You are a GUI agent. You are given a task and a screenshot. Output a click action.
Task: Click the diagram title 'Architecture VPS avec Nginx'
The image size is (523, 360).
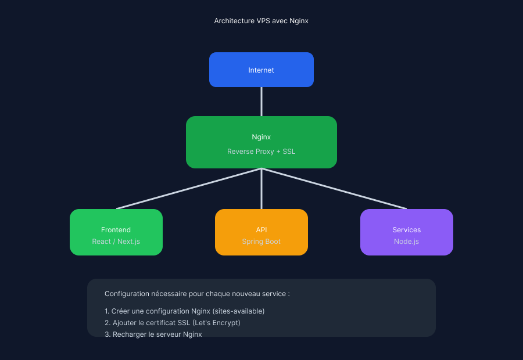point(261,21)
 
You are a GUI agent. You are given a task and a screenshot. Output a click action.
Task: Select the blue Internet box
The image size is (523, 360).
point(261,70)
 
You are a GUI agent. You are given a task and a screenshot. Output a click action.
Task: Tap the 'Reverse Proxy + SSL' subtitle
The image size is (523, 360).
point(261,152)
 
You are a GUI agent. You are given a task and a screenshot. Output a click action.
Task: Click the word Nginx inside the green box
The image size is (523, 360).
point(261,137)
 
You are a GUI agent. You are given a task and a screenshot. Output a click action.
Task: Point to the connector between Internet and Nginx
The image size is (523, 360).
point(261,102)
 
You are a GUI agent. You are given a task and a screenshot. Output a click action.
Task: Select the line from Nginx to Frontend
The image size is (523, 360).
point(189,189)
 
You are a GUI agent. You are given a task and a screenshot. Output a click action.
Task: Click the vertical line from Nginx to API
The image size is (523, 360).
point(261,189)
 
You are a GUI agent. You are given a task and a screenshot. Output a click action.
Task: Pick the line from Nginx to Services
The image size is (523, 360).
point(334,189)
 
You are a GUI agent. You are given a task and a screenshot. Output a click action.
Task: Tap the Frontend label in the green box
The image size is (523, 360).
point(116,230)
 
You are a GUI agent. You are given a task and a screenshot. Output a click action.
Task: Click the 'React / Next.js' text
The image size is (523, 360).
point(116,242)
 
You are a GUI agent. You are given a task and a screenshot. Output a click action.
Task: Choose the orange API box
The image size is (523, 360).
point(261,232)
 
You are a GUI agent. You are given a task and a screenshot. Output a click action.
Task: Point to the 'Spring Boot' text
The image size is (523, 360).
point(261,242)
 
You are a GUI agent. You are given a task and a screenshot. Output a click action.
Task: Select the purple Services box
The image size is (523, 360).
point(407,232)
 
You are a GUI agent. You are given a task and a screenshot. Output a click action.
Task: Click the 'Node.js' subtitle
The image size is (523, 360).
point(406,242)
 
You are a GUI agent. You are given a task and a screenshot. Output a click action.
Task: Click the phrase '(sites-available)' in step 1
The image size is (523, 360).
point(238,311)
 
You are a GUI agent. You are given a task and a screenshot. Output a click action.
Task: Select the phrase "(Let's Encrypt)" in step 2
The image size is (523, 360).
point(216,323)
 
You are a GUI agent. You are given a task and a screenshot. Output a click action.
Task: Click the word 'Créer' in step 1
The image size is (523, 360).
point(120,311)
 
